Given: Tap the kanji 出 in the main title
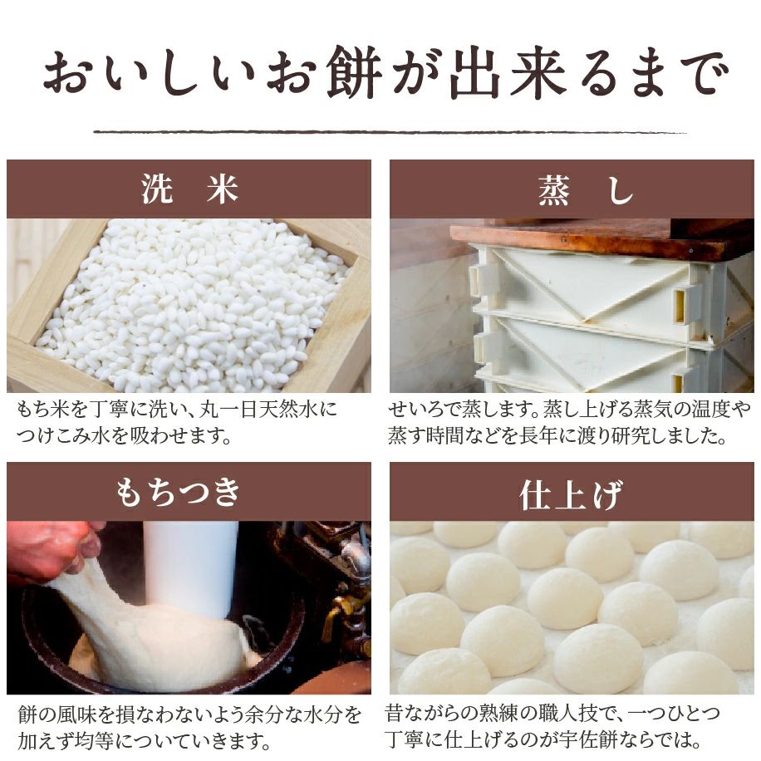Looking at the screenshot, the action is (474, 73).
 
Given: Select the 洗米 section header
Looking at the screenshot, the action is (189, 189).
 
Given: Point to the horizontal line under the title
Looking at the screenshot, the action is (390, 131).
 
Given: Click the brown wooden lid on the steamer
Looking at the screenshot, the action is (601, 238).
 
